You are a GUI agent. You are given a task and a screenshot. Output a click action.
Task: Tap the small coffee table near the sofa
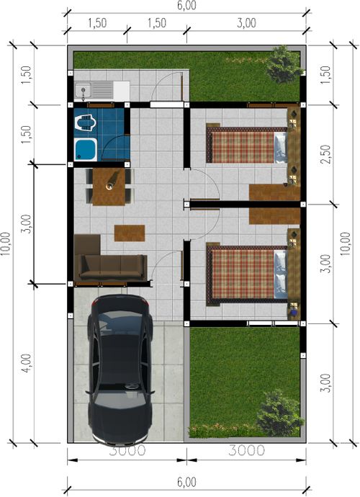pyautogui.click(x=130, y=233)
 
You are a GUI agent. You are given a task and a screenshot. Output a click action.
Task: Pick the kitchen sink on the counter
pyautogui.click(x=86, y=91)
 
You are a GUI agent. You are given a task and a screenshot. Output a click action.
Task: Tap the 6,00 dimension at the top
pyautogui.click(x=186, y=5)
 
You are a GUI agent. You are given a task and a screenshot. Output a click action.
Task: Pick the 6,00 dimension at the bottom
pyautogui.click(x=185, y=482)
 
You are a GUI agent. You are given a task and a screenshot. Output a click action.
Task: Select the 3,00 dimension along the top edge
pyautogui.click(x=246, y=23)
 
